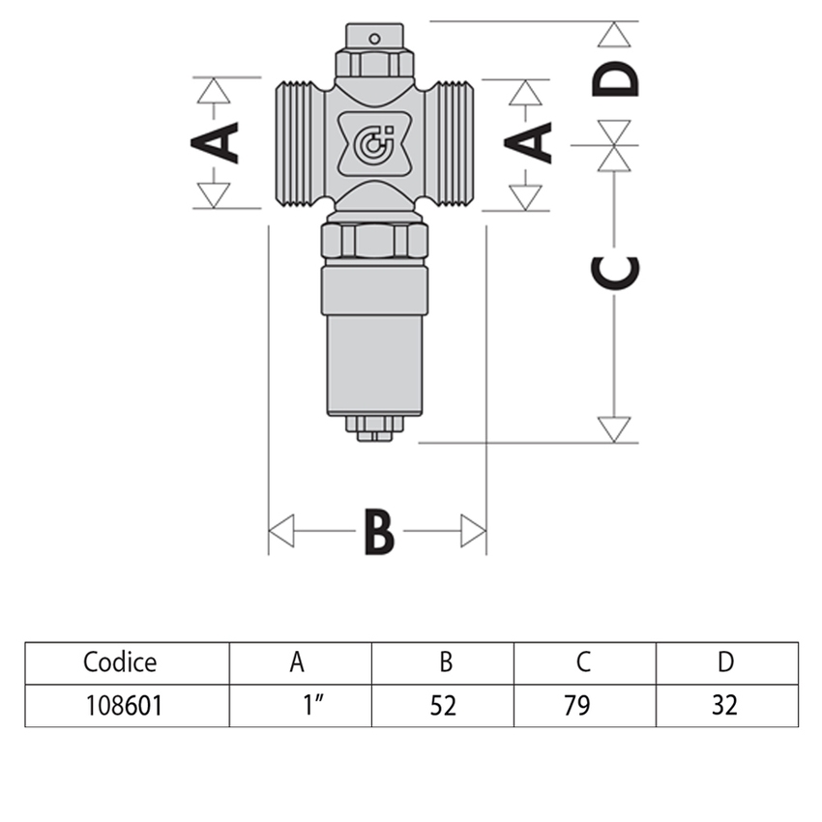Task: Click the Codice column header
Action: [120, 662]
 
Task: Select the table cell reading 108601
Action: [122, 706]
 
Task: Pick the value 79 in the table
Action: [584, 706]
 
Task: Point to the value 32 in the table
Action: [724, 706]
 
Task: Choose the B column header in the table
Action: [445, 662]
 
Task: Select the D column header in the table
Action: [726, 662]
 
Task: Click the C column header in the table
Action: [584, 662]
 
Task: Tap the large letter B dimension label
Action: [378, 531]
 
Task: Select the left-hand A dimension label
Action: [215, 142]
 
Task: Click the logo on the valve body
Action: [375, 144]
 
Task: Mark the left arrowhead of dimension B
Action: [280, 531]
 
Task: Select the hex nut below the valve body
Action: [374, 240]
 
